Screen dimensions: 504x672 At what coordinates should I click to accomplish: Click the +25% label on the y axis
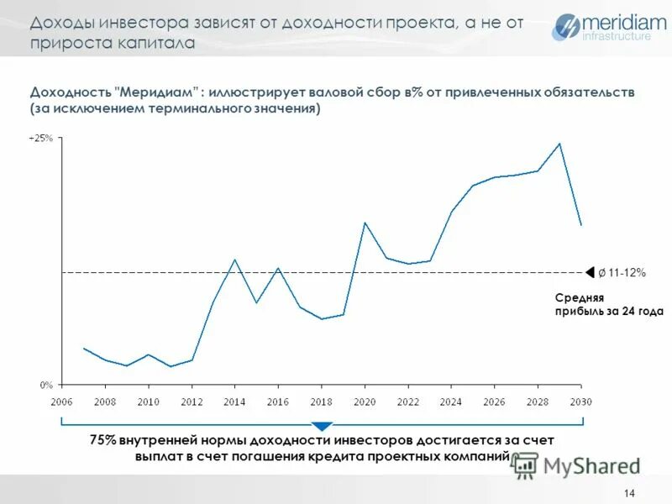tap(40, 138)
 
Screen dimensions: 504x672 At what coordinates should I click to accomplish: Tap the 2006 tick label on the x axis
tap(61, 402)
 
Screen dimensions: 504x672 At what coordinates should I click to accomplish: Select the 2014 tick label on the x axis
tap(234, 402)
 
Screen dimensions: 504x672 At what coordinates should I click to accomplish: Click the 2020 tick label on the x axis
tap(364, 402)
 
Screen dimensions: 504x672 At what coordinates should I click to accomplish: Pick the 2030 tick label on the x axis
tap(580, 402)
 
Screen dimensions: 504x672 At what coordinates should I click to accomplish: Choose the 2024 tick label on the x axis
tap(450, 402)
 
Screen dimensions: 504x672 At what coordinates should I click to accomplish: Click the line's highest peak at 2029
tap(559, 143)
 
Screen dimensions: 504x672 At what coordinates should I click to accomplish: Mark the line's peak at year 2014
tap(234, 259)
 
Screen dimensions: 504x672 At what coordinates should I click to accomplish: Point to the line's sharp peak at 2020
tap(365, 223)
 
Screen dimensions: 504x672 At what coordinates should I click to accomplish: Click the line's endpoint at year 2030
tap(581, 225)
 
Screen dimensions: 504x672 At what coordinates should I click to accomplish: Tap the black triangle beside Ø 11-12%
tap(590, 272)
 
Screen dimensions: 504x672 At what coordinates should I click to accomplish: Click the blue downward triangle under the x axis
tap(322, 427)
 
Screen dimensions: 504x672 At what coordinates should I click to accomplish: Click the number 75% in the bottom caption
tap(102, 440)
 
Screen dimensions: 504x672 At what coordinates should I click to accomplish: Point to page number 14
tap(630, 492)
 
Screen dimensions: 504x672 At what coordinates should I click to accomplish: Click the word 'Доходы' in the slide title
tap(60, 23)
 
